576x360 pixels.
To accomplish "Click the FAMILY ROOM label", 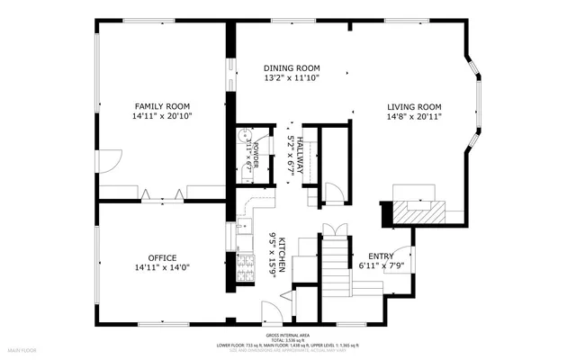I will (162, 105).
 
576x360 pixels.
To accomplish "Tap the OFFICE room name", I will (162, 257).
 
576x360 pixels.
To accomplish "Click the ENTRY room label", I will (382, 256).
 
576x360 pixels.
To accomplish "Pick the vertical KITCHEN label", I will (282, 256).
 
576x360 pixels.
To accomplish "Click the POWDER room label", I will (255, 154).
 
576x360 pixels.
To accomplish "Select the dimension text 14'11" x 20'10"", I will (162, 115).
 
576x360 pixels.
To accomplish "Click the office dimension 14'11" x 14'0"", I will (162, 267).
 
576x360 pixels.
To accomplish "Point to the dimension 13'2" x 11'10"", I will (292, 78).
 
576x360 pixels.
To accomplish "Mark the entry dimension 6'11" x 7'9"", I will (382, 265).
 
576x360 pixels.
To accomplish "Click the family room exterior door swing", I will (107, 162).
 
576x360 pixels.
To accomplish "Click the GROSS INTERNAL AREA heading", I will (287, 333).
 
